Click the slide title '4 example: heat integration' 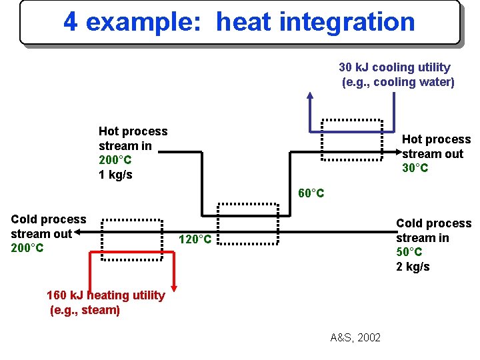[239, 22]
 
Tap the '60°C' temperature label [311, 193]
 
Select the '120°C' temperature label [195, 239]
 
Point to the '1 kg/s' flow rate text [115, 175]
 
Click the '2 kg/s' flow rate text [413, 267]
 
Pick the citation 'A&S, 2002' [355, 337]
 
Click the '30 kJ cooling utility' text [394, 67]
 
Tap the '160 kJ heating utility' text [105, 295]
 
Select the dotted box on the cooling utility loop [351, 140]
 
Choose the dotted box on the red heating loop [132, 241]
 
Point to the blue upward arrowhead [310, 95]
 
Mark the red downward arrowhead [174, 286]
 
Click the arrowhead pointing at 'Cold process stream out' [76, 233]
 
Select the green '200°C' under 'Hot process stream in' [115, 160]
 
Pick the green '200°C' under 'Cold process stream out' [27, 248]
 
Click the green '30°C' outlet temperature [415, 168]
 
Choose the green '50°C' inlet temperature [409, 253]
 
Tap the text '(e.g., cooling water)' [398, 82]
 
